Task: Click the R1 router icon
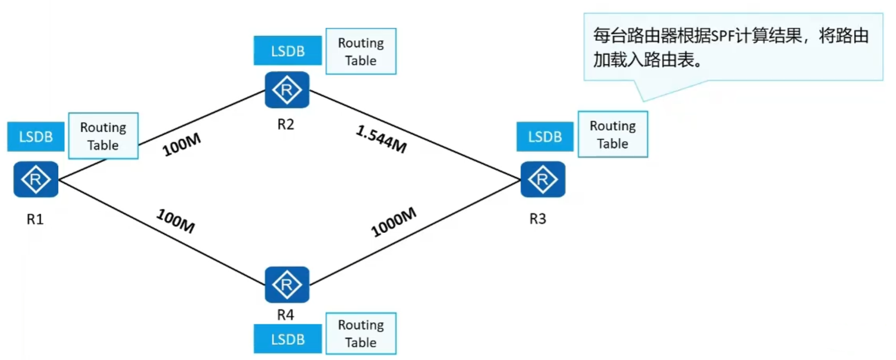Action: click(35, 179)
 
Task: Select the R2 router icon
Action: click(287, 90)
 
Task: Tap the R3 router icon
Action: click(543, 179)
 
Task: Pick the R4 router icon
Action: click(287, 285)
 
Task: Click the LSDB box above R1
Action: click(35, 137)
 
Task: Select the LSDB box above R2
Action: click(287, 51)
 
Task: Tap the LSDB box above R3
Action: click(545, 137)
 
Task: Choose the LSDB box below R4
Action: click(287, 339)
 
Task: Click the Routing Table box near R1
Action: click(103, 136)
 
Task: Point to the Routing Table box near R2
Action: click(361, 51)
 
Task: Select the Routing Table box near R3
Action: click(612, 134)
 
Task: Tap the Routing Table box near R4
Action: click(361, 333)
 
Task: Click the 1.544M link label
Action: click(381, 139)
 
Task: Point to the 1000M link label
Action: click(393, 222)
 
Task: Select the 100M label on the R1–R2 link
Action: click(182, 144)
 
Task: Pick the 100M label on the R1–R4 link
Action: click(175, 221)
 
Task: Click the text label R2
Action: click(286, 125)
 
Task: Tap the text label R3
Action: click(537, 219)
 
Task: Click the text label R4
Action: click(286, 315)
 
